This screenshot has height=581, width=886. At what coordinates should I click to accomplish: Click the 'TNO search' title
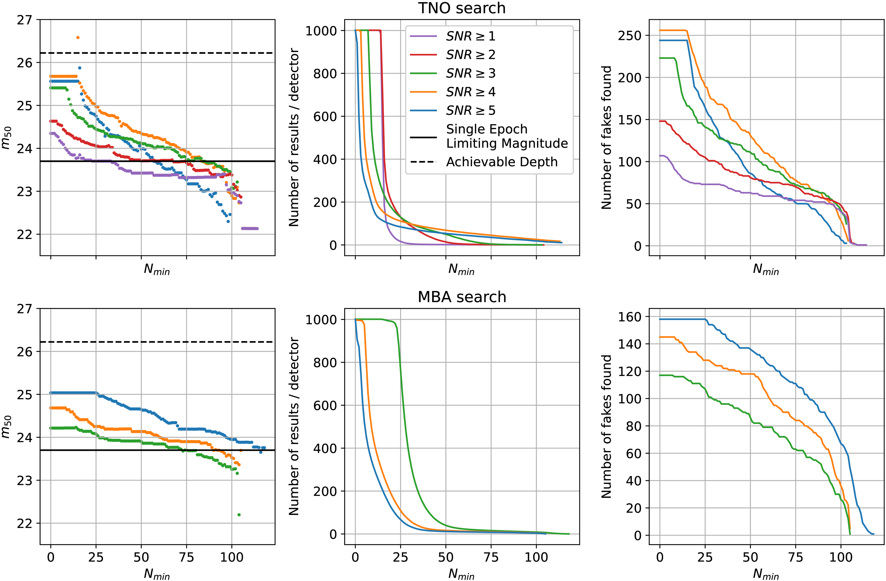pos(462,8)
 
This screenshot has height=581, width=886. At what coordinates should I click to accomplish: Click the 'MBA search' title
pos(462,297)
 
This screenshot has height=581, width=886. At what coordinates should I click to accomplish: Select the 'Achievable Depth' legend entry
pos(501,162)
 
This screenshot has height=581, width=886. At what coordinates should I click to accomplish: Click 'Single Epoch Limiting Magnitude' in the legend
pos(506,136)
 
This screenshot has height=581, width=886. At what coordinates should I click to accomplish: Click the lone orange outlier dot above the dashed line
pos(78,38)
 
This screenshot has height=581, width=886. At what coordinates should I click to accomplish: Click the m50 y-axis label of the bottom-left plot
pos(7,427)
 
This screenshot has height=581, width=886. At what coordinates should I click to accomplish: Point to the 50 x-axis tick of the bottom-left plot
pos(141,557)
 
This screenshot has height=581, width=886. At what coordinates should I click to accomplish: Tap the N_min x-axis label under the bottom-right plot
pos(766,574)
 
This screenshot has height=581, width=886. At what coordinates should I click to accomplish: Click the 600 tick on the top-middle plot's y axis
pos(325,116)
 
